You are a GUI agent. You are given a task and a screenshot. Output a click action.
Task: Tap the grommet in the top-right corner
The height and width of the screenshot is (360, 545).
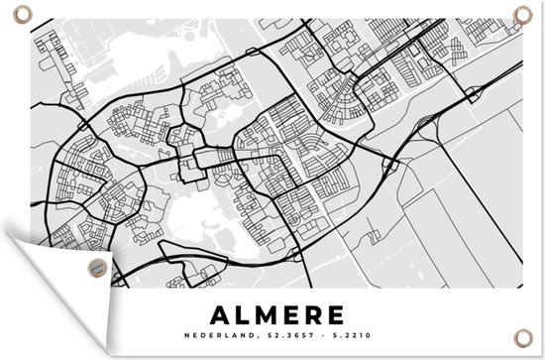tap(522, 13)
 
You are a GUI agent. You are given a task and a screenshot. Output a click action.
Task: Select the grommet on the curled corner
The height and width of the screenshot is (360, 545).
tap(95, 266)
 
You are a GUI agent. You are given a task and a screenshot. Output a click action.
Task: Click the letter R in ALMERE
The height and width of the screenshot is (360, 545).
tap(312, 314)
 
